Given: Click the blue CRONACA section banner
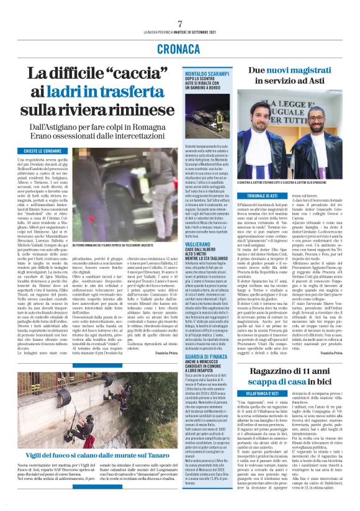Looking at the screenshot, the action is [179, 47].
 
